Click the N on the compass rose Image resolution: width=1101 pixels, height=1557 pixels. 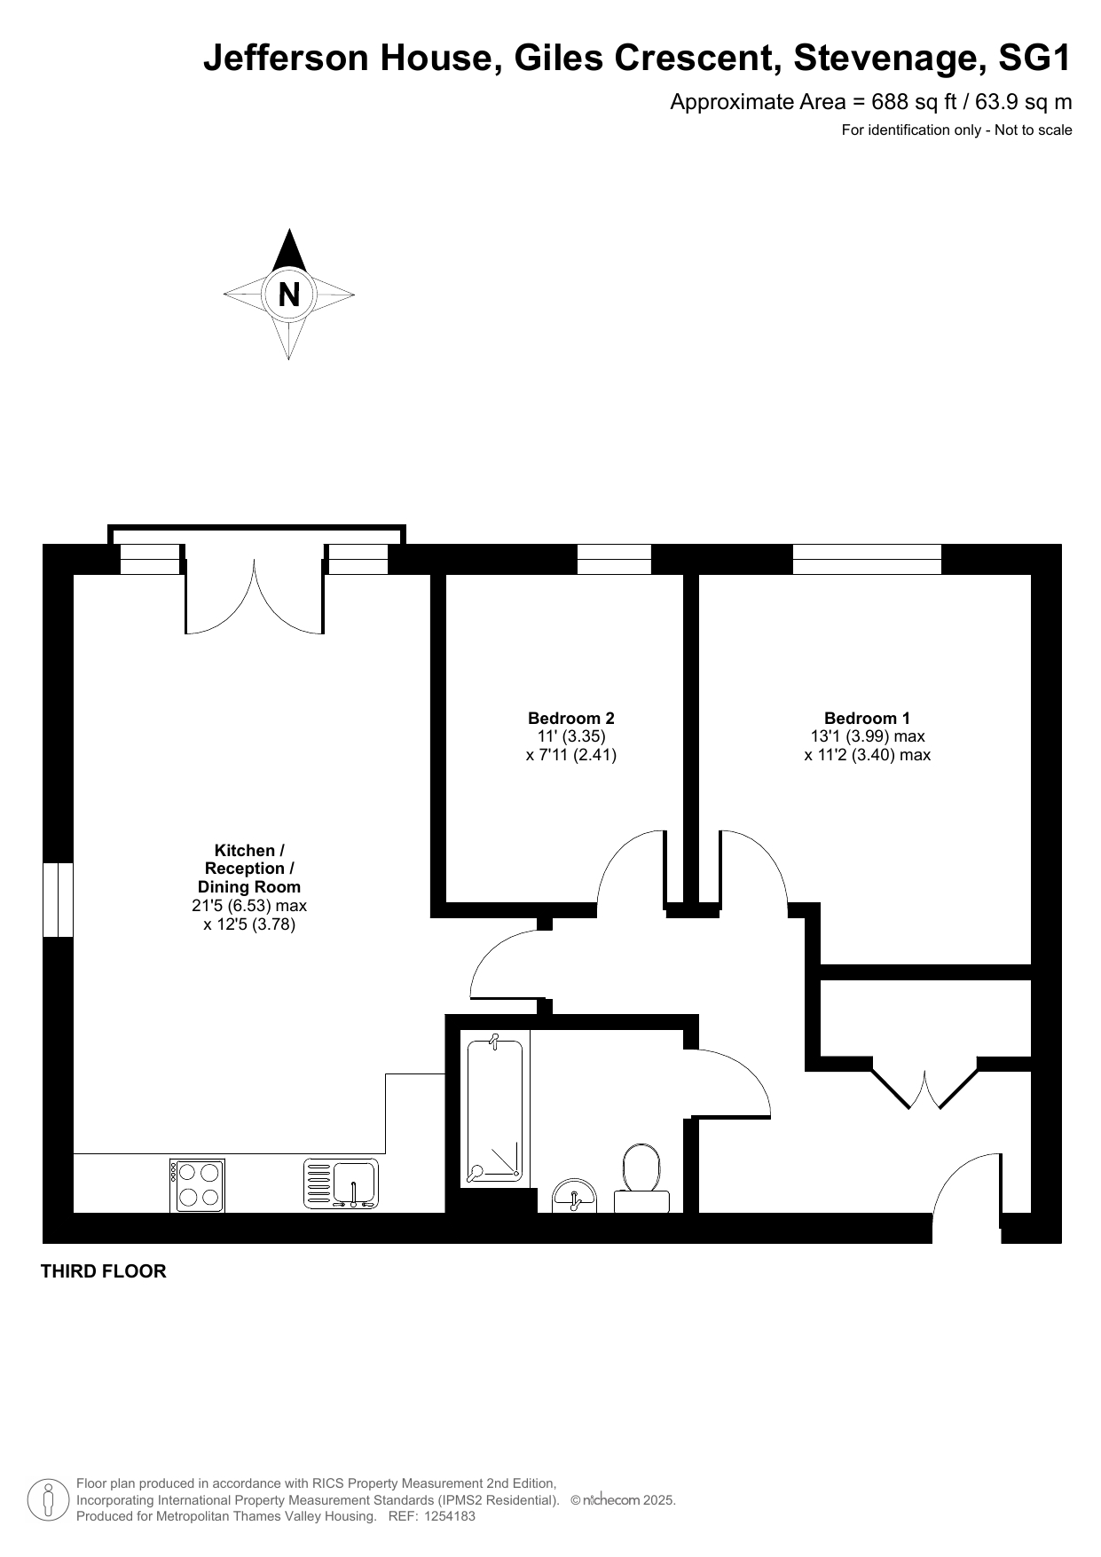(x=289, y=294)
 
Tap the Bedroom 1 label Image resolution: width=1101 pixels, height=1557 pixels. (x=867, y=719)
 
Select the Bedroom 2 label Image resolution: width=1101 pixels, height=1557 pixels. (x=570, y=719)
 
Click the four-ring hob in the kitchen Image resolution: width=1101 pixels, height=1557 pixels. (x=197, y=1185)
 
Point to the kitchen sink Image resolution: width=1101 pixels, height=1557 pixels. (x=342, y=1183)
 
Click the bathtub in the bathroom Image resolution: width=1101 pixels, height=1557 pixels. (x=495, y=1111)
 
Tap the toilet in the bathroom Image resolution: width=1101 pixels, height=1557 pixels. (x=641, y=1180)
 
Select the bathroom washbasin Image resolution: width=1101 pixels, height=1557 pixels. (x=575, y=1196)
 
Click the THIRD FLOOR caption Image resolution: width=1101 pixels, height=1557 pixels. (x=104, y=1271)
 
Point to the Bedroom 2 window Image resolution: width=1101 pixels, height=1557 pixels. (x=614, y=559)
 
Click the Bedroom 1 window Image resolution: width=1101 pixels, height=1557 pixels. (x=867, y=559)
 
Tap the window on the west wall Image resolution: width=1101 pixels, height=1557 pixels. (x=59, y=900)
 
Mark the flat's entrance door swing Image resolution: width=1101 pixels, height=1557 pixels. (x=968, y=1190)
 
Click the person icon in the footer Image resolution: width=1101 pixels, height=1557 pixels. (x=49, y=1499)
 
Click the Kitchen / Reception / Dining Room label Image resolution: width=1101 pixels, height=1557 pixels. (x=249, y=869)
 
